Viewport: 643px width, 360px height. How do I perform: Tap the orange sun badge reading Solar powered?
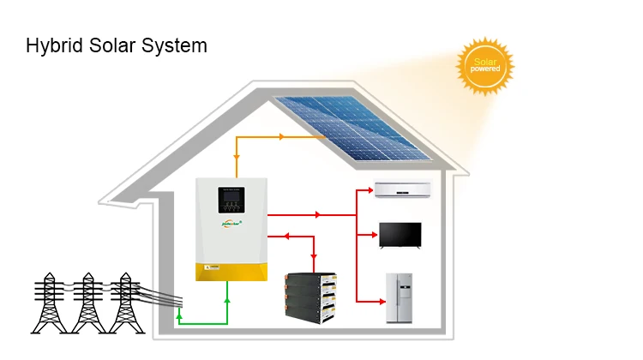pos(485,66)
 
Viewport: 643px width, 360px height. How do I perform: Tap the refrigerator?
pos(399,297)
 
